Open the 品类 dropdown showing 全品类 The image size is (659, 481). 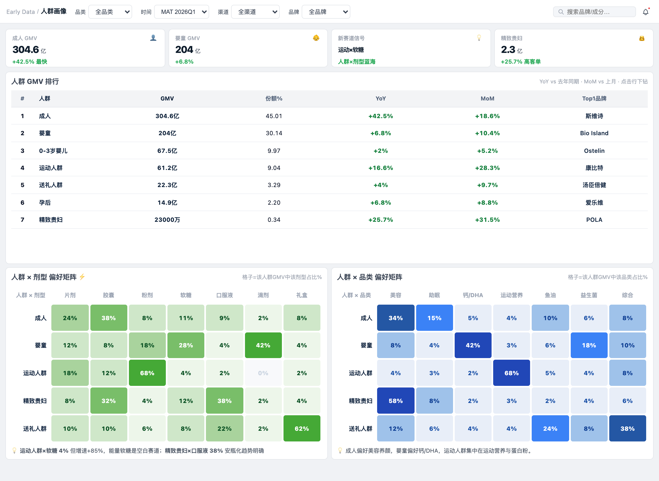click(x=110, y=12)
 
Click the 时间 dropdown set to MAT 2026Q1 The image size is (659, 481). click(x=181, y=12)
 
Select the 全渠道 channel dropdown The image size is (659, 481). click(x=255, y=12)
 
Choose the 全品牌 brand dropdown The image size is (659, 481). click(x=326, y=12)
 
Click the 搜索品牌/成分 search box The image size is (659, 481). click(x=594, y=12)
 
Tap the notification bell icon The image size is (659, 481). click(x=646, y=12)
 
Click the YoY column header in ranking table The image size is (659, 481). click(x=381, y=98)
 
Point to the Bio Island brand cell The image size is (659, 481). click(x=594, y=133)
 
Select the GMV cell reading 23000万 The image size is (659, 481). click(x=167, y=220)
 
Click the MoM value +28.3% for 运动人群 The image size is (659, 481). click(x=487, y=168)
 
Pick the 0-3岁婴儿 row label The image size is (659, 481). click(x=53, y=150)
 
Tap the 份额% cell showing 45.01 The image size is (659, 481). click(x=274, y=116)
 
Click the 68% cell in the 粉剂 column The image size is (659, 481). click(x=147, y=373)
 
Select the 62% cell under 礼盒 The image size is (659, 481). click(x=302, y=428)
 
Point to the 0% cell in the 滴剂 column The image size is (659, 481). click(x=263, y=373)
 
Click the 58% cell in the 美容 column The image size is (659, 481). click(x=396, y=401)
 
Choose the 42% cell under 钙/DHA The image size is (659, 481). click(x=473, y=345)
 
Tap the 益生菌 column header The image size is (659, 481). click(x=589, y=295)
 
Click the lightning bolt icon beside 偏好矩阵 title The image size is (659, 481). click(x=82, y=277)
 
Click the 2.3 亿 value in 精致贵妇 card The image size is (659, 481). click(x=512, y=50)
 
